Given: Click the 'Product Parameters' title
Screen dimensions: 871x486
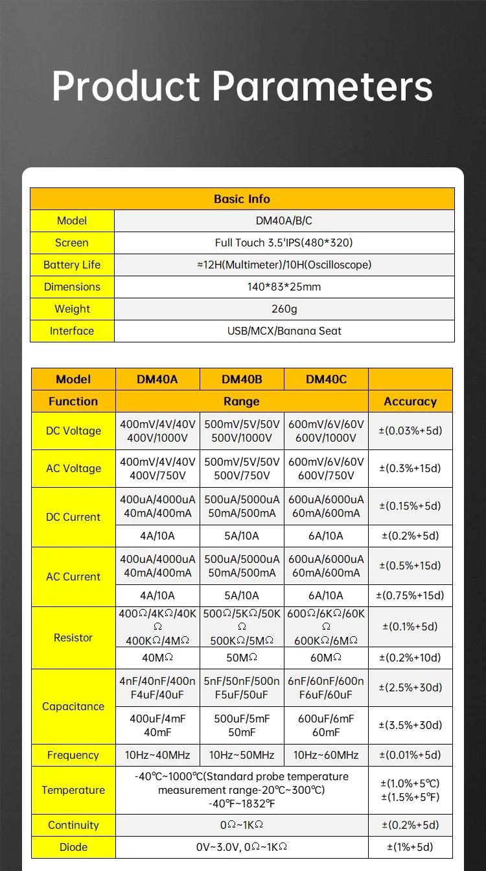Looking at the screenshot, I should (242, 86).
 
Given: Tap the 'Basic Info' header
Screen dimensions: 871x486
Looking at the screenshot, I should (242, 199).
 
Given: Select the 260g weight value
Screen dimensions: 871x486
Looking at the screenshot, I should (284, 309).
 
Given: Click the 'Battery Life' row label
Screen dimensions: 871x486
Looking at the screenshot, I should (72, 265).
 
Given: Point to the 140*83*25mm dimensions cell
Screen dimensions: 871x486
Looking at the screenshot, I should (284, 287).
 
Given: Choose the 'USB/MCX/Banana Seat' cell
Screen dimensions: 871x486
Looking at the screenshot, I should (284, 331).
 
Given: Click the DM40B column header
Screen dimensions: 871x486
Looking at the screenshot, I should (242, 379).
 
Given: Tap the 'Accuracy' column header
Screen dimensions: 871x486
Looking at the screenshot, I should (410, 401).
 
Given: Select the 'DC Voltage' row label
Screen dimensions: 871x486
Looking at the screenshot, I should (73, 431).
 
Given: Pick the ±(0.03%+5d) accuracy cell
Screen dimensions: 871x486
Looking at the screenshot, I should (410, 431).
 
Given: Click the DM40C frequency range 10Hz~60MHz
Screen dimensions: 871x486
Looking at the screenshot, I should (326, 755).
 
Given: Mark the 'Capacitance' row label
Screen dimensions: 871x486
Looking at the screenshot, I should (73, 706).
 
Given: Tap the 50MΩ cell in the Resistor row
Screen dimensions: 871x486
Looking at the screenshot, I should (242, 658).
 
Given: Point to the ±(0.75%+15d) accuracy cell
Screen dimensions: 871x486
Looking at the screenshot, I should (410, 595).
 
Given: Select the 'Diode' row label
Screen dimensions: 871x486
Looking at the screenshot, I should (73, 847).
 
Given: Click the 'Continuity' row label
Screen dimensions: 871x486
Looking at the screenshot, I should (73, 825).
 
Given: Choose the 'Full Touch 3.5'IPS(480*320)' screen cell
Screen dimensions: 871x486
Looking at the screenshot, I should (284, 243).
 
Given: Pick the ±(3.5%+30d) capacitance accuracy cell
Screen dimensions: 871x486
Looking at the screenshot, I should (410, 725).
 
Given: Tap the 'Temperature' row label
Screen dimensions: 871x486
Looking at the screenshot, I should (73, 790).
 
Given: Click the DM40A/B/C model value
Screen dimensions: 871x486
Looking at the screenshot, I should (284, 221).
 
